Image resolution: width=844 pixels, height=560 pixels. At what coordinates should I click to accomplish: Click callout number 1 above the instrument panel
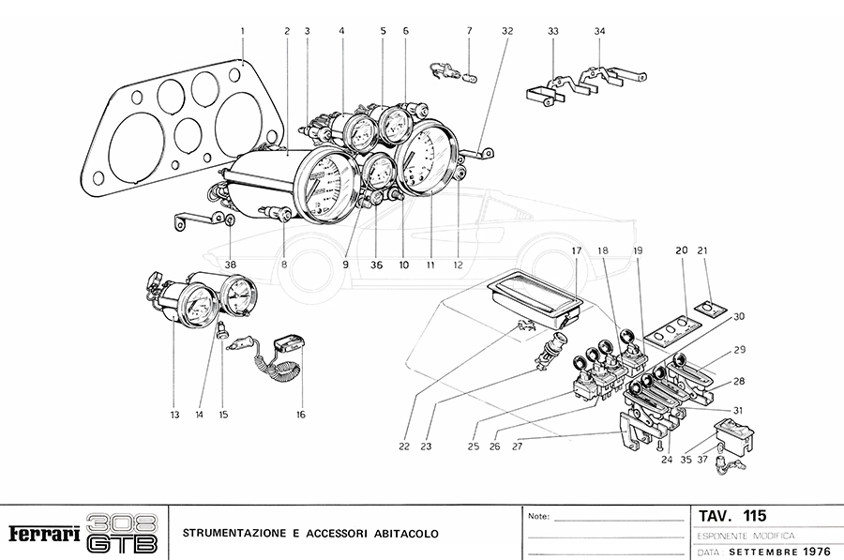point(242,30)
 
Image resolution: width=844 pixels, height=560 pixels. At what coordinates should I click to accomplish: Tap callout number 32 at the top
point(507,30)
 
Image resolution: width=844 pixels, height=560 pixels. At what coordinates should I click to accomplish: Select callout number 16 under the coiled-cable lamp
point(301,414)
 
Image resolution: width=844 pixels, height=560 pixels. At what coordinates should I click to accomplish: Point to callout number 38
point(231,265)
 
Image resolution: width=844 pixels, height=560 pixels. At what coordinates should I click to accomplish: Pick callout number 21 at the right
point(703,250)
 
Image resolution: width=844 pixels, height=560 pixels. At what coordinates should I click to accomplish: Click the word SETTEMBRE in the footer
point(762,552)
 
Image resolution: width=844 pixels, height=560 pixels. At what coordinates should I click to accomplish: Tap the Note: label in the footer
point(538,516)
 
